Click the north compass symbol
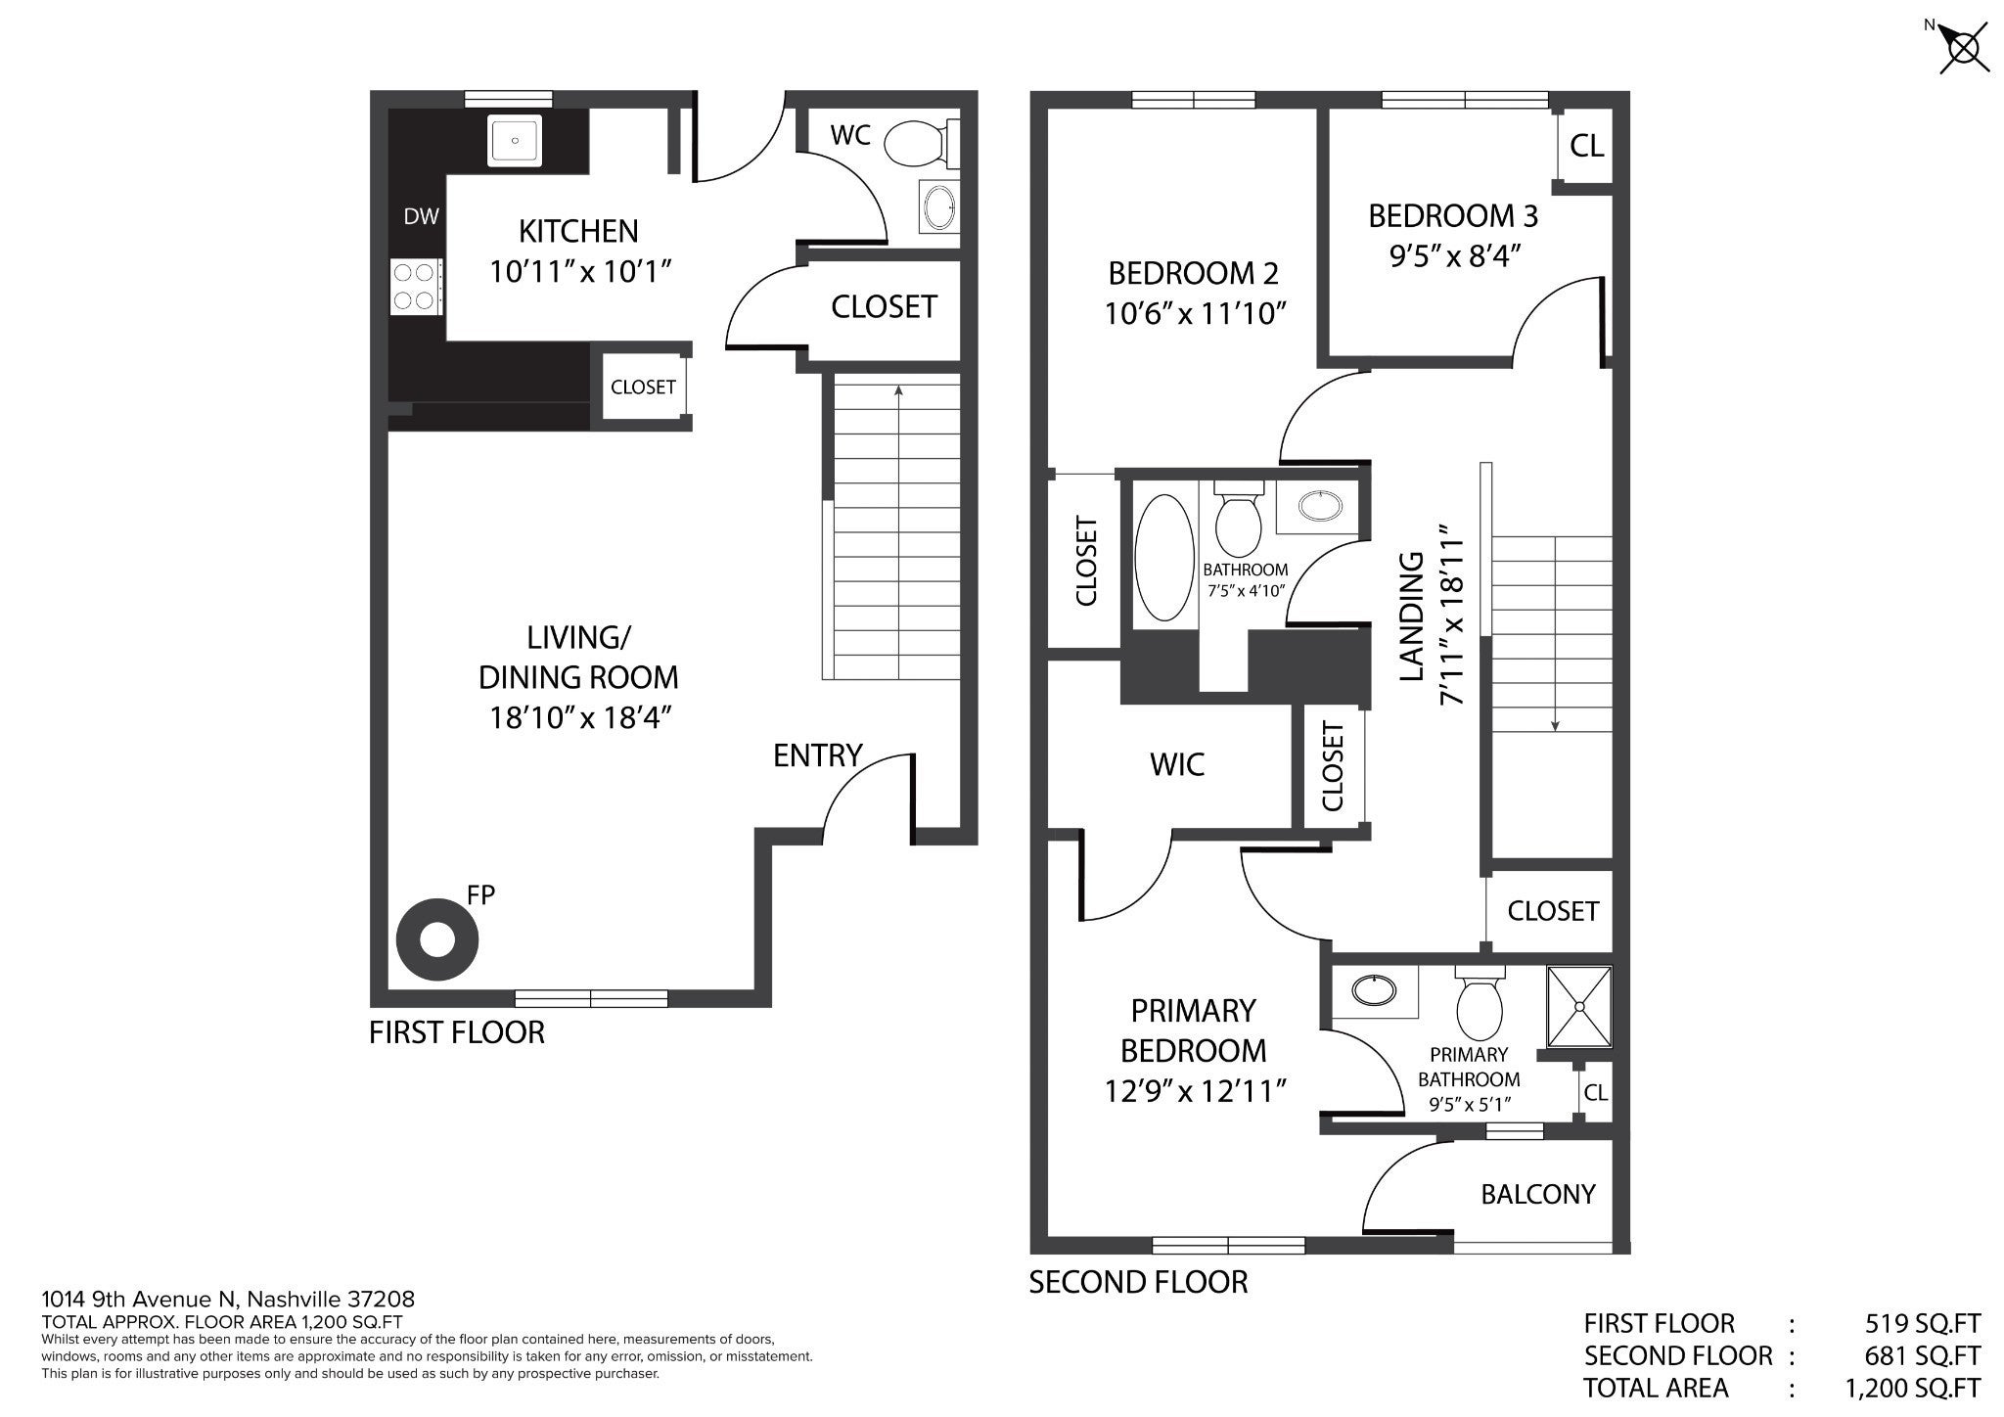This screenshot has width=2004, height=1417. pos(1963,45)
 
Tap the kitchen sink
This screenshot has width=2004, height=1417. pos(514,140)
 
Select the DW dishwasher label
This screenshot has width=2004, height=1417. pos(422,216)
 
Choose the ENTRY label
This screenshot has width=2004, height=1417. pos(818,755)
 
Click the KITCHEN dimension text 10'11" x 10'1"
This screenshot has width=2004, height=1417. pos(579,271)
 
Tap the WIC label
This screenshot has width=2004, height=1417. pos(1177,764)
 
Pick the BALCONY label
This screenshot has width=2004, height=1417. pos(1537,1194)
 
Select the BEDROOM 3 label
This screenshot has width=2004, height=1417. pos(1453,215)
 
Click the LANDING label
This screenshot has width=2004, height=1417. pos(1411,617)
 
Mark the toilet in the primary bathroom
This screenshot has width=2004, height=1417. pos(1479,1005)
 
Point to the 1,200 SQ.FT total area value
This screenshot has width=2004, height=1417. pos(1913,1388)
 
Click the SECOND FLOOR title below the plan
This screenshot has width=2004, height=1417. pos(1138,1282)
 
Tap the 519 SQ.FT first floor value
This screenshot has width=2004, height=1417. pos(1923,1323)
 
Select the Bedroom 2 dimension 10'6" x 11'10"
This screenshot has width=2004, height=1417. pos(1194,313)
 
